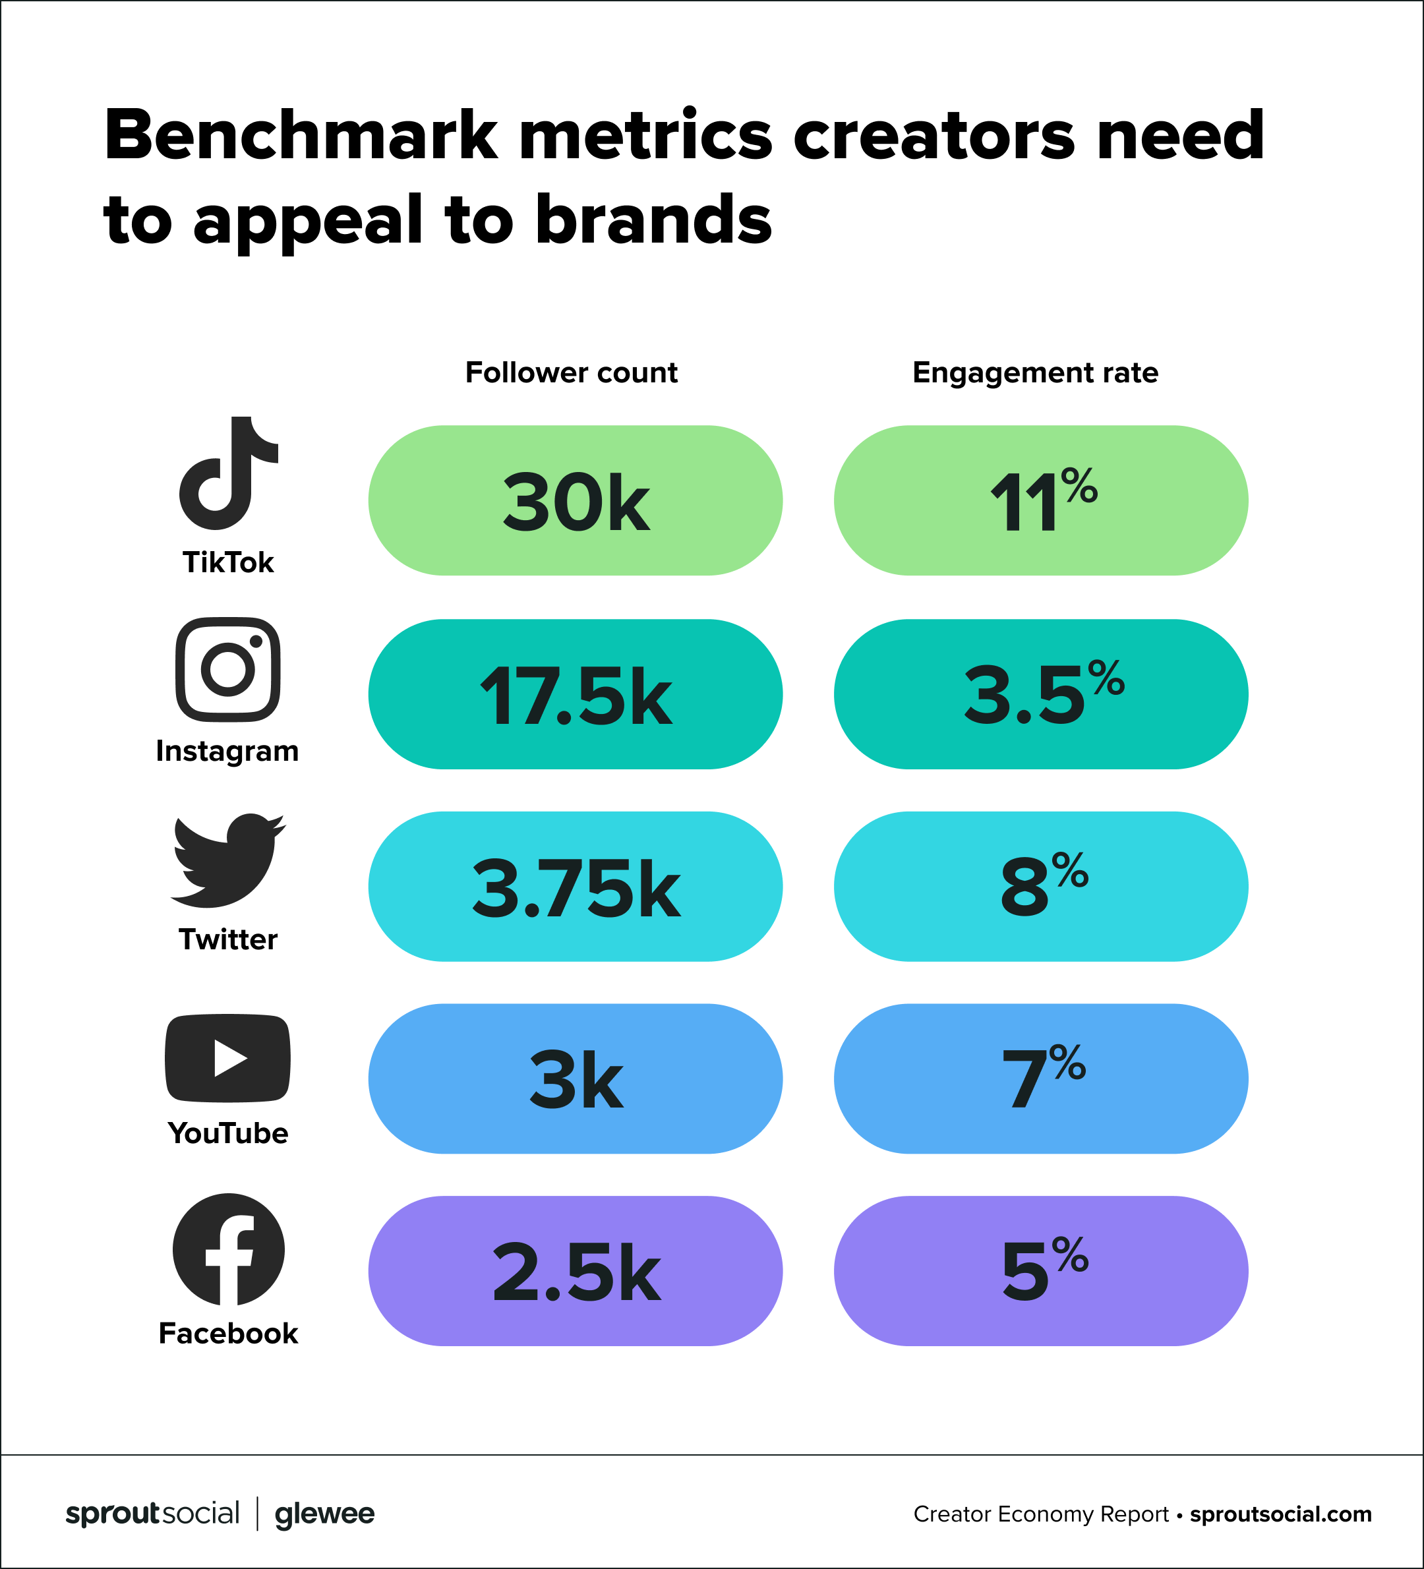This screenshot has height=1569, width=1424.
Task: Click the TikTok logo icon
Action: pyautogui.click(x=228, y=473)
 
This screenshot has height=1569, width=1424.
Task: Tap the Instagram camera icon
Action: pyautogui.click(x=228, y=669)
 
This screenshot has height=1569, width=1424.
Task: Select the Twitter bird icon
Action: pyautogui.click(x=228, y=860)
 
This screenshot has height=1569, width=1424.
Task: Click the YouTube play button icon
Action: pyautogui.click(x=228, y=1059)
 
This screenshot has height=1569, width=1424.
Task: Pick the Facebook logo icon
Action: pyautogui.click(x=228, y=1249)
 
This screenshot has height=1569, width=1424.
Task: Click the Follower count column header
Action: pyautogui.click(x=571, y=372)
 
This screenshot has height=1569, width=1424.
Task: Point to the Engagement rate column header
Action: pyautogui.click(x=1035, y=372)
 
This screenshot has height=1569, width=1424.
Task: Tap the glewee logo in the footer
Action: pyautogui.click(x=324, y=1514)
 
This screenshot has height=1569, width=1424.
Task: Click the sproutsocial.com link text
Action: pyautogui.click(x=1280, y=1514)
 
